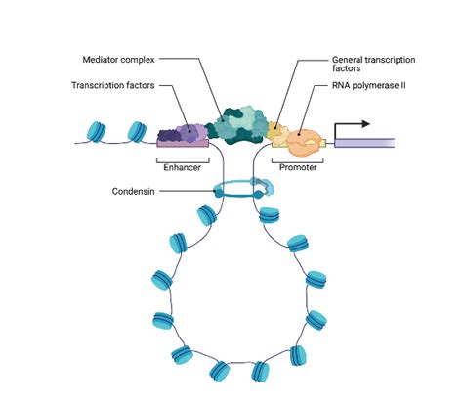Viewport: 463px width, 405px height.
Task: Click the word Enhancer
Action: tap(182, 166)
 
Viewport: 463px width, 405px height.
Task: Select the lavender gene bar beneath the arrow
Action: tap(364, 144)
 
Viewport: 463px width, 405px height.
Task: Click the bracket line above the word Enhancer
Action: tap(182, 157)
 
